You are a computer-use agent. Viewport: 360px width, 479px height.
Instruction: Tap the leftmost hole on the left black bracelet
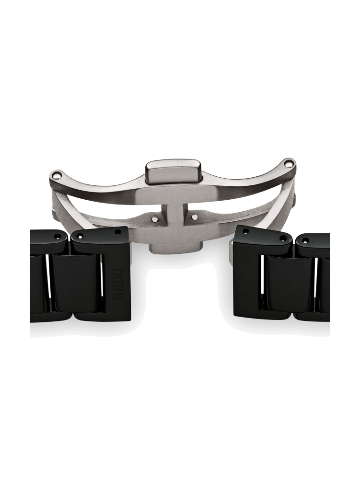click(x=58, y=236)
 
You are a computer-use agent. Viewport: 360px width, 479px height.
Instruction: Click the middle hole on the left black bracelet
click(x=81, y=236)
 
